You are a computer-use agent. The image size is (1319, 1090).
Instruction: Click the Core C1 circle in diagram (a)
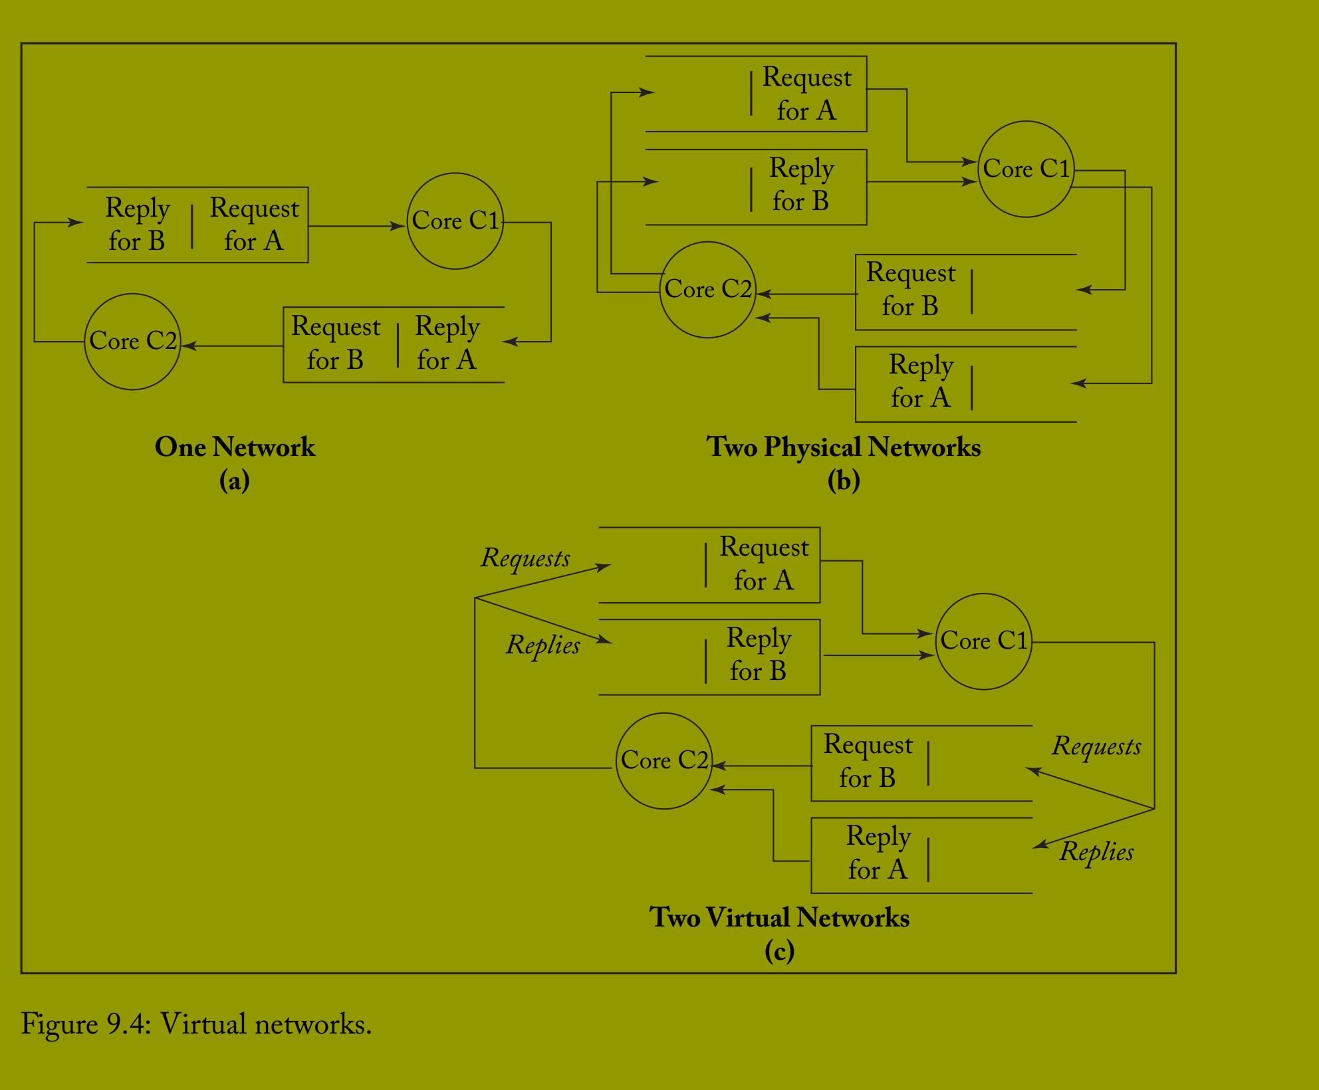455,221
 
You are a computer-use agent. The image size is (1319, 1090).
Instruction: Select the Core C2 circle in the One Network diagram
132,341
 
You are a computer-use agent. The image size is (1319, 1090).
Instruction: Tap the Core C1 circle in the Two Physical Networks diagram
1026,169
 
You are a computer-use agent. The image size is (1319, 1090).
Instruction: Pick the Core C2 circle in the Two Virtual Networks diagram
663,760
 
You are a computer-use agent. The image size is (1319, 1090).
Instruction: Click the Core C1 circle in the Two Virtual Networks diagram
983,641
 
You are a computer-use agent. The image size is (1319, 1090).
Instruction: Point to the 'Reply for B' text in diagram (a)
137,225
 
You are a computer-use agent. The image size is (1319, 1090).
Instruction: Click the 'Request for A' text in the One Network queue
254,225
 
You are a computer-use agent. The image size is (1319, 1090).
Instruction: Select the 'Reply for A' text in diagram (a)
447,344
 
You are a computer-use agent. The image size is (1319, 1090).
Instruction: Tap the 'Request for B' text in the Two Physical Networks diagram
910,290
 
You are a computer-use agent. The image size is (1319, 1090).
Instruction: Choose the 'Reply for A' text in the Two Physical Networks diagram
921,381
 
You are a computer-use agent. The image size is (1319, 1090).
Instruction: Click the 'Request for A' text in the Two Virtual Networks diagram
764,564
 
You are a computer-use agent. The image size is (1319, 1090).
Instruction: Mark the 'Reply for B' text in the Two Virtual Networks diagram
759,655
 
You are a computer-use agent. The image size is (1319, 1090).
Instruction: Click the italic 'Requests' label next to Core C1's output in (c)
1096,746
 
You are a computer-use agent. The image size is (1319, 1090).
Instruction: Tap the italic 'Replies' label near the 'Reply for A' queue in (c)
1096,852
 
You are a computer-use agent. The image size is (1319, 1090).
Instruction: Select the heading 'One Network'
235,447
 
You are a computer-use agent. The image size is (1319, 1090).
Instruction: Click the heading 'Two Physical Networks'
843,447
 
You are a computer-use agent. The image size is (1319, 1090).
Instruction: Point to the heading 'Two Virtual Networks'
779,918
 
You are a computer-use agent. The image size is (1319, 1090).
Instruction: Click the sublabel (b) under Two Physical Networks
843,481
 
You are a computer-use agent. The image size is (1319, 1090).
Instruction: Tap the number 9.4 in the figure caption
126,1024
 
